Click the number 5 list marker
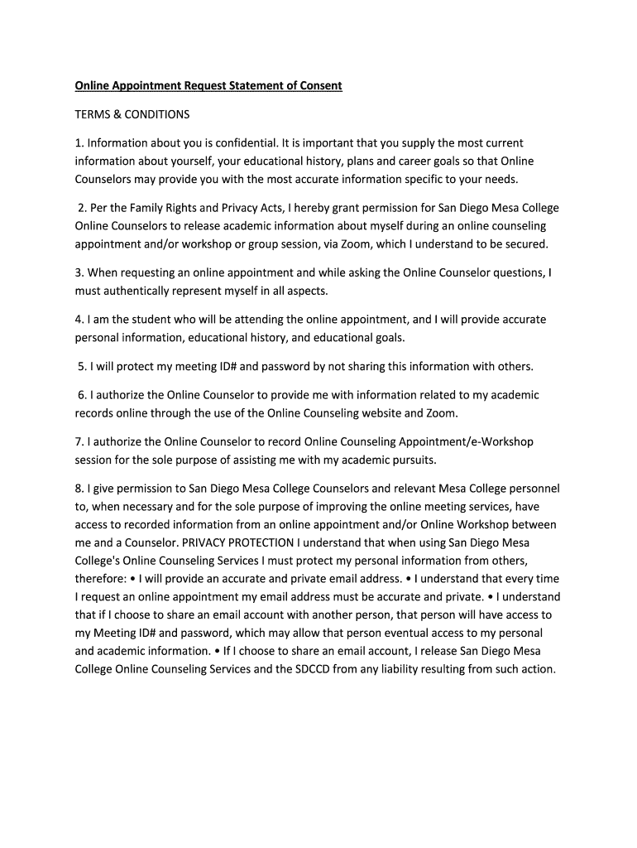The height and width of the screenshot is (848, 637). tap(83, 366)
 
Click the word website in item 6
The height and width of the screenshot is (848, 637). tap(376, 412)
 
